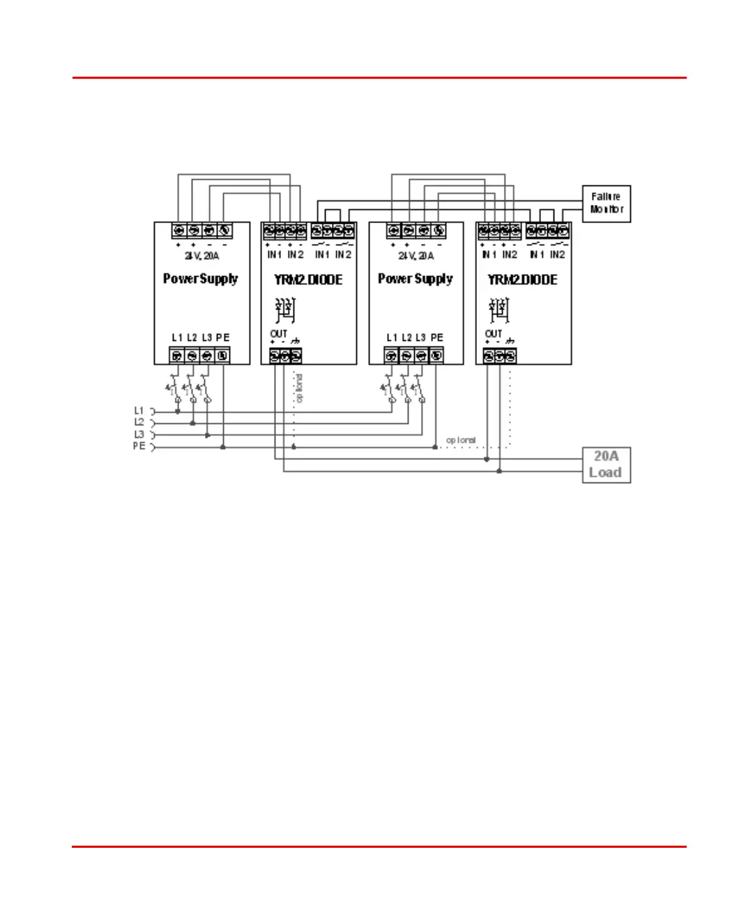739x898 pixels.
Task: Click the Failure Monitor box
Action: pyautogui.click(x=607, y=204)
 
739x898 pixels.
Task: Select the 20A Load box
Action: pyautogui.click(x=607, y=464)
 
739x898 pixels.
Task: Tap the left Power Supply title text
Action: pyautogui.click(x=201, y=279)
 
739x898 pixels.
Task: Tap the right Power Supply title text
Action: pyautogui.click(x=416, y=279)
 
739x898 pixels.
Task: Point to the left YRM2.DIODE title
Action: pyautogui.click(x=308, y=280)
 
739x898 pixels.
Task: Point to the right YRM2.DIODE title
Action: pyautogui.click(x=523, y=280)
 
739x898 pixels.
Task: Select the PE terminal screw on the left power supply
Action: pyautogui.click(x=222, y=356)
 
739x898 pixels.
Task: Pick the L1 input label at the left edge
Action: pyautogui.click(x=139, y=411)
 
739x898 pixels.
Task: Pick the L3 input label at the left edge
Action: pyautogui.click(x=139, y=434)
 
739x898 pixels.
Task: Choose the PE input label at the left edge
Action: pyautogui.click(x=139, y=446)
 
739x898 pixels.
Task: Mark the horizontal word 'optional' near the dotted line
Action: pyautogui.click(x=461, y=440)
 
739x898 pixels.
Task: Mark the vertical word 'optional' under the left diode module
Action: pyautogui.click(x=299, y=388)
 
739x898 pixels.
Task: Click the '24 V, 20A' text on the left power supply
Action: pyautogui.click(x=202, y=256)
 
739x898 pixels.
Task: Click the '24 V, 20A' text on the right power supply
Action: pyautogui.click(x=416, y=256)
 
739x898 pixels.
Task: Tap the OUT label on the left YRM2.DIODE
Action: pyautogui.click(x=279, y=334)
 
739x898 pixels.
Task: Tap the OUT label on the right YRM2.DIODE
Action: pyautogui.click(x=494, y=334)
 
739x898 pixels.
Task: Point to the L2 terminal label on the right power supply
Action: pyautogui.click(x=406, y=337)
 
